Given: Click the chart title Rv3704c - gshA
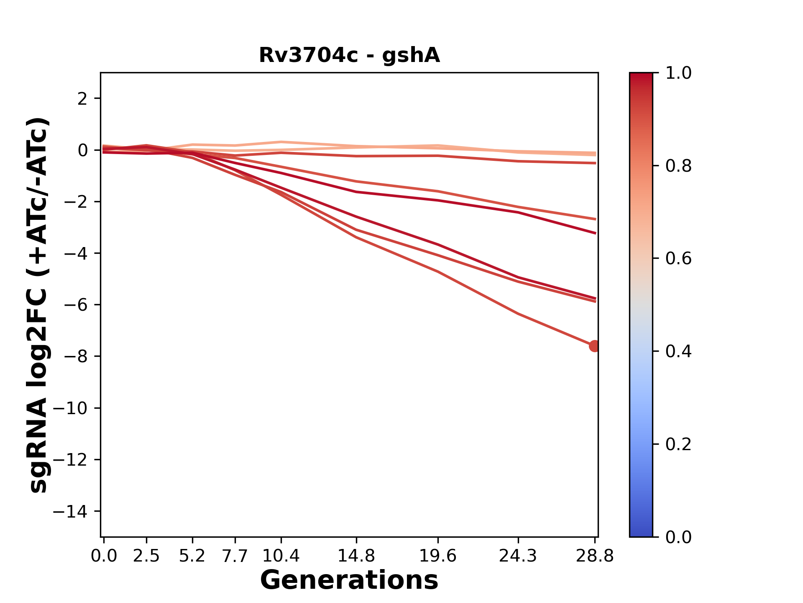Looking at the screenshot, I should point(349,55).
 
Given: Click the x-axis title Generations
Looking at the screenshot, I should point(349,581).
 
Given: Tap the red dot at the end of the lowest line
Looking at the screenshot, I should point(594,346).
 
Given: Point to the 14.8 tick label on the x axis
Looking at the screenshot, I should point(356,556).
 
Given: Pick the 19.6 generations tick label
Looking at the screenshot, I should point(437,556).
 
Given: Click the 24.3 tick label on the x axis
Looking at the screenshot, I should point(518,556).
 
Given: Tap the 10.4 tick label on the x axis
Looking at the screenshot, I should point(281,556).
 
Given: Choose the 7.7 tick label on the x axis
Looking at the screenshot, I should point(235,556).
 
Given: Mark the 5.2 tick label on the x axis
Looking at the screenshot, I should point(192,556).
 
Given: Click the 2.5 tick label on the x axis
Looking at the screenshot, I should point(146,556).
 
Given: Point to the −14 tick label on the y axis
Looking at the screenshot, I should point(76,511).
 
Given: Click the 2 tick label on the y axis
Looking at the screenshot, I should point(83,99).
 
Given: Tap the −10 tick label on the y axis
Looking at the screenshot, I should point(76,408).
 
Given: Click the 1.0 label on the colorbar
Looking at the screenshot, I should point(678,73).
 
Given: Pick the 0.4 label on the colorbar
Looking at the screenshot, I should point(678,351).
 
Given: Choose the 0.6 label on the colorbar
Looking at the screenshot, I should point(678,258).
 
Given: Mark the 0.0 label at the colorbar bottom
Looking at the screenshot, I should point(678,537).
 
